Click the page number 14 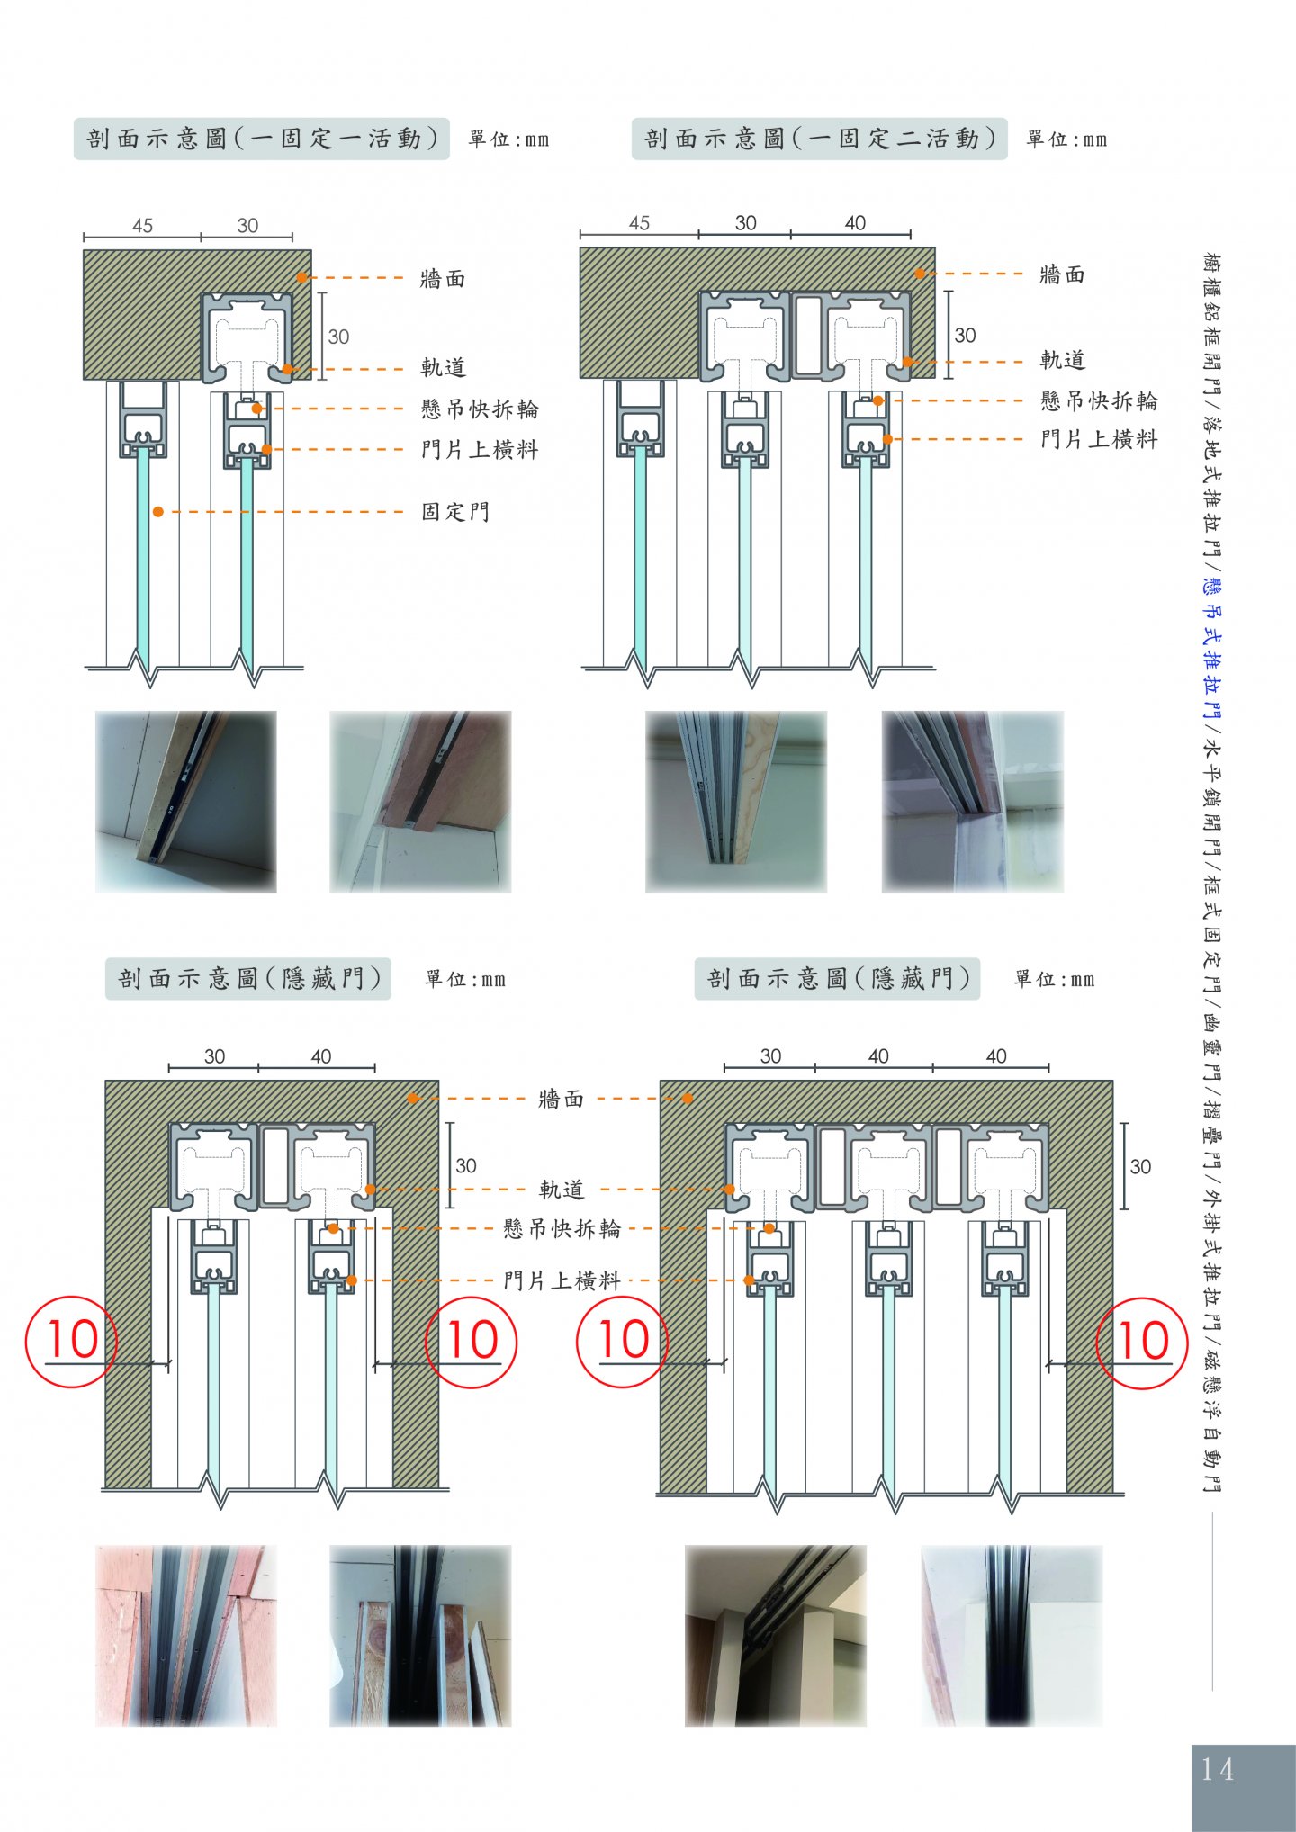[1217, 1769]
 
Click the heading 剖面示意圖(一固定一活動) [262, 139]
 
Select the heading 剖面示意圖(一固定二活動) [820, 139]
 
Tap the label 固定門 [455, 512]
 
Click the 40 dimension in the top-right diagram [855, 222]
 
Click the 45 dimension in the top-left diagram [142, 226]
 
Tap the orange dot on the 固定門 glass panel [157, 512]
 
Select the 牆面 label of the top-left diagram [443, 279]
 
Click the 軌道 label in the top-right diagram [1063, 360]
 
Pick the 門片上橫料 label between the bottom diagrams [562, 1280]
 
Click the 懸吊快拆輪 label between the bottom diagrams [562, 1228]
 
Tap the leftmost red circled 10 [71, 1341]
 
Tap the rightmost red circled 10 [1142, 1343]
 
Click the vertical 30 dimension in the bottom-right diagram [1140, 1167]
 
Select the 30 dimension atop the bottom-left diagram [214, 1056]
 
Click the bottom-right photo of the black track [1012, 1636]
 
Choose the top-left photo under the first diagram [186, 802]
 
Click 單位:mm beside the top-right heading [1066, 139]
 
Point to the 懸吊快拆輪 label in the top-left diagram [480, 409]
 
